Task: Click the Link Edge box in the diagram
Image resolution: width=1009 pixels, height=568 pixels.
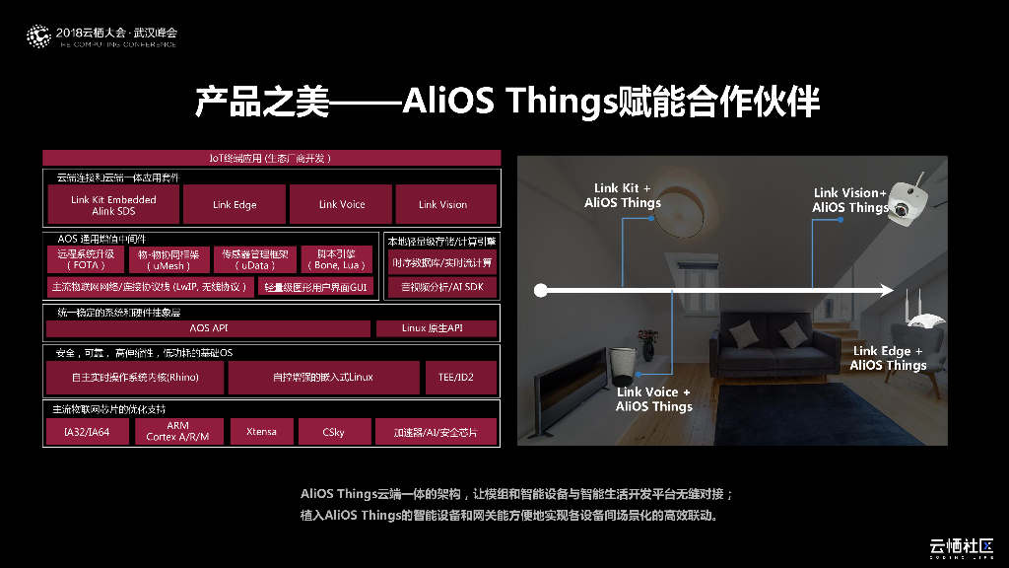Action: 235,205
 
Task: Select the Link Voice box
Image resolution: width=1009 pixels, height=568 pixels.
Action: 341,205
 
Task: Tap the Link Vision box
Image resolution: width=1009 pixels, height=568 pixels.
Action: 442,205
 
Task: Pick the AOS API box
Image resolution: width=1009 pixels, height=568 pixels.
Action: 208,328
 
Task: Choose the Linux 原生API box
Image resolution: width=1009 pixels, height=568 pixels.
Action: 435,328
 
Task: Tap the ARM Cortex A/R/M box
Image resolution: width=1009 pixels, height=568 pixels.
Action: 177,432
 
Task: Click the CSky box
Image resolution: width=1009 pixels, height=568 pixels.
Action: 333,432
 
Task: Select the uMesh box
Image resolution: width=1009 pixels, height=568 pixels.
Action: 169,260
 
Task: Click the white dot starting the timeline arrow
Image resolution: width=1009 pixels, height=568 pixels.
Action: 540,290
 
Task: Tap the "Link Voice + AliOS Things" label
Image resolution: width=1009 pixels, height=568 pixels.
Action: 654,399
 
